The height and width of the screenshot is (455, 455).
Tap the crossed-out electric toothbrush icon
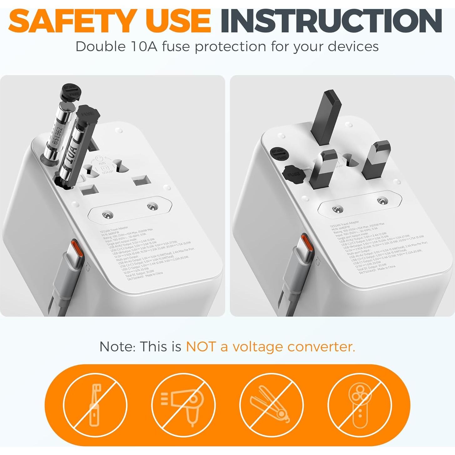(95, 405)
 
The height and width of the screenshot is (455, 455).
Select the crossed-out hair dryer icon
(184, 405)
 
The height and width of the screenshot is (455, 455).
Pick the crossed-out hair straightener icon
(271, 405)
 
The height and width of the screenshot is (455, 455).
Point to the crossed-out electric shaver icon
(360, 405)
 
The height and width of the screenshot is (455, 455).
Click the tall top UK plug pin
(327, 117)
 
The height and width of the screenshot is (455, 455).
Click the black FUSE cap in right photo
(293, 174)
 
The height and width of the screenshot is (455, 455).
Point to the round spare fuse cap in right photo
(279, 154)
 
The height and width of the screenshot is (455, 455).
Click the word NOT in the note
(201, 346)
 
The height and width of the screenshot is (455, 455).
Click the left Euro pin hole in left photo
(108, 215)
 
